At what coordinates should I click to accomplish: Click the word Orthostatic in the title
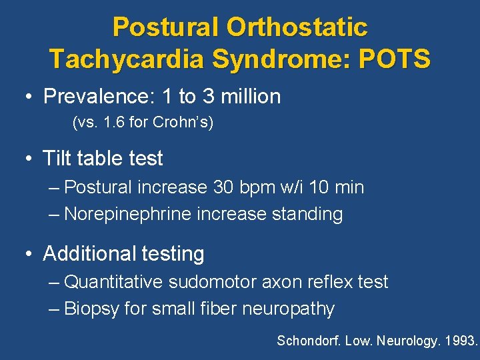click(x=297, y=27)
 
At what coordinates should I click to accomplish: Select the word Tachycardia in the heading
click(x=127, y=59)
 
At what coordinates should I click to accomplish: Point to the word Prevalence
click(x=96, y=97)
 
